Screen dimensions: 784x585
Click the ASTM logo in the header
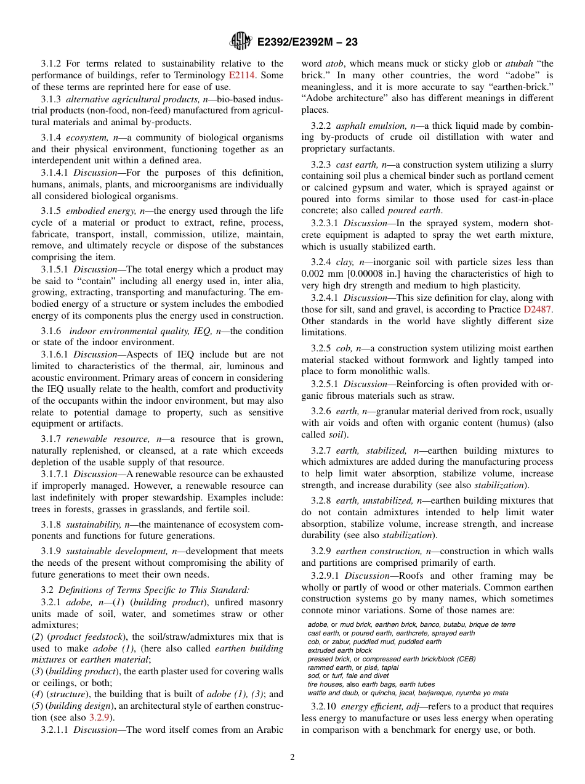240,41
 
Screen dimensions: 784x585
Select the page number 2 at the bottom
292,757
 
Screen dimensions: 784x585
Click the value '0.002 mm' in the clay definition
319,274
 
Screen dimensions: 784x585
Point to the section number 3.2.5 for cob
321,348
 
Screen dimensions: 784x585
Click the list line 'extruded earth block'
340,650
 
